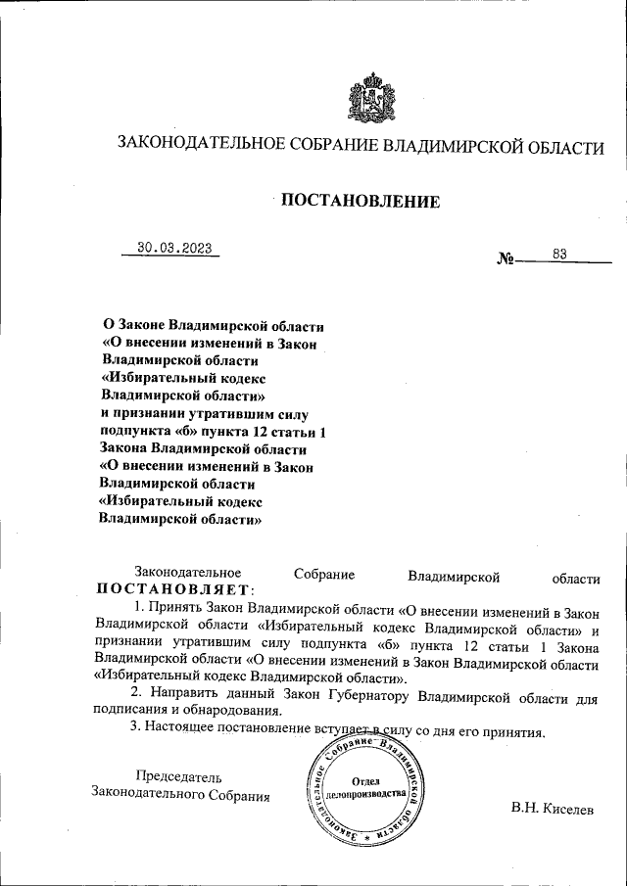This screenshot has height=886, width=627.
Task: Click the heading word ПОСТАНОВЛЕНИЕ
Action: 361,202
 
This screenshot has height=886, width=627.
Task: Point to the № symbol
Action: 506,260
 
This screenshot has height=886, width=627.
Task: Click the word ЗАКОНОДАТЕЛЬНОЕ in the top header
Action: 201,147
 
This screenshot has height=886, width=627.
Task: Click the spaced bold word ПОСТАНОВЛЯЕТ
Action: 174,589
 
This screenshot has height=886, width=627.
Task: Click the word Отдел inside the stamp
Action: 365,780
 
